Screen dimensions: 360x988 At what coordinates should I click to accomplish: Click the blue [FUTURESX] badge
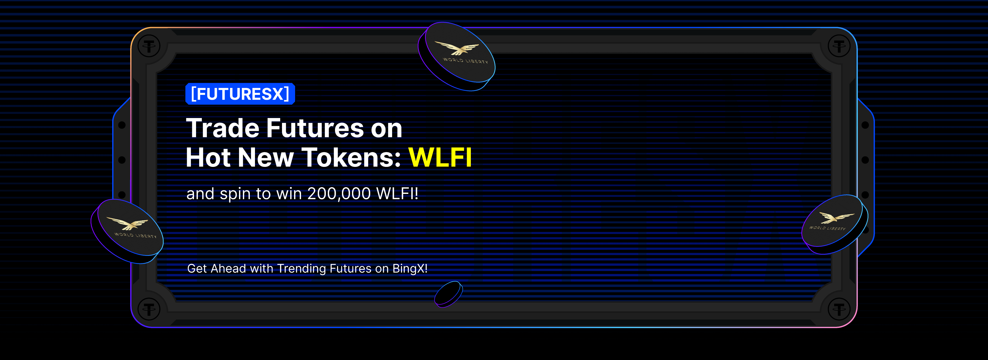coord(240,94)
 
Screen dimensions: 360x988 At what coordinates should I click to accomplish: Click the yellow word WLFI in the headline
coord(440,157)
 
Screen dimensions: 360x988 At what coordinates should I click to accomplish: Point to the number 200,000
coord(339,194)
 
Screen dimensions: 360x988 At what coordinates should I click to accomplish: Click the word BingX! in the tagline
coord(410,268)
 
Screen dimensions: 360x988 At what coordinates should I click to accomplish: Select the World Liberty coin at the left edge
coord(128,231)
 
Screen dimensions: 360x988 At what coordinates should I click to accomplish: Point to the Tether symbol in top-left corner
coord(149,46)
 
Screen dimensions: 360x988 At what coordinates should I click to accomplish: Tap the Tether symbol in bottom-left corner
coord(149,309)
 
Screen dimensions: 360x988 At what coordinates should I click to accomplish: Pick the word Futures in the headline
coord(314,128)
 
